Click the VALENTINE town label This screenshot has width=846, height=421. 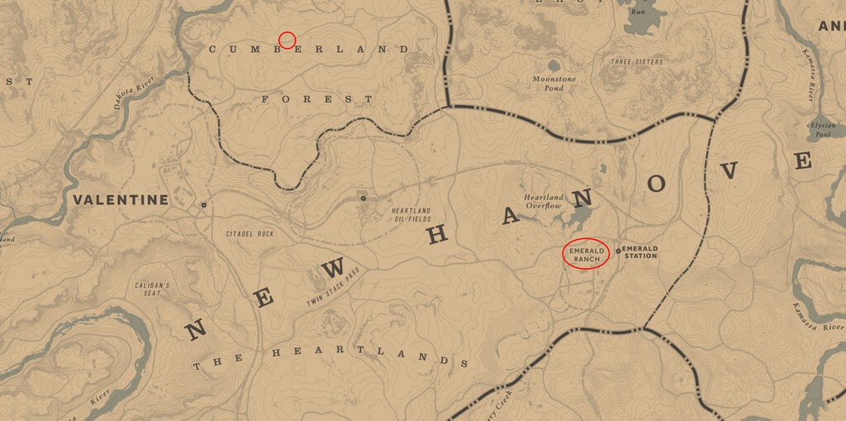[121, 199]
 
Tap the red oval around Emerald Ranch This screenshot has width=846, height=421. [586, 254]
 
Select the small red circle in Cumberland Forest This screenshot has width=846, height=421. [287, 40]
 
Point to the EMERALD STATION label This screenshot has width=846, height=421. [639, 251]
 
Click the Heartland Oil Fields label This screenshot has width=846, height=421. [411, 214]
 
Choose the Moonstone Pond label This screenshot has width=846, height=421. [548, 83]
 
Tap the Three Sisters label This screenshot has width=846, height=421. [636, 62]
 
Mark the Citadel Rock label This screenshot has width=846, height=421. [249, 234]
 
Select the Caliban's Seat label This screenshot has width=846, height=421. [152, 289]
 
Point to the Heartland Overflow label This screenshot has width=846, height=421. [543, 201]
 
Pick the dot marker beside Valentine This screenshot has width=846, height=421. [203, 204]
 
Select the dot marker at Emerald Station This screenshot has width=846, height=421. [618, 251]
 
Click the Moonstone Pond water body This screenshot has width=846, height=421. [552, 65]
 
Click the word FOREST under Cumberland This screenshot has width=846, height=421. [317, 98]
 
